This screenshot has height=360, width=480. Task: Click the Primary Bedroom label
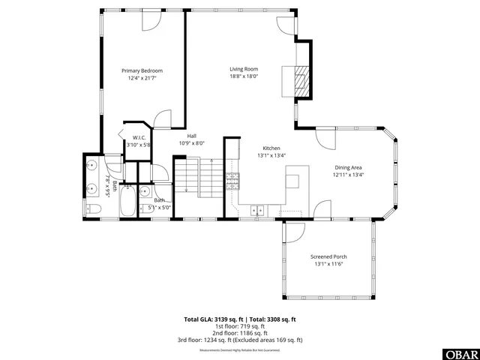tap(142, 70)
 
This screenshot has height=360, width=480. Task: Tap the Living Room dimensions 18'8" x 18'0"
tap(244, 76)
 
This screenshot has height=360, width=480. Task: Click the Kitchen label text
tap(271, 148)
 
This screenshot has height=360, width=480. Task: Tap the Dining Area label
tap(348, 167)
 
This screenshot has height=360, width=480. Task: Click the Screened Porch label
tap(328, 256)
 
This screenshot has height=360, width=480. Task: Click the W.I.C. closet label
tap(139, 138)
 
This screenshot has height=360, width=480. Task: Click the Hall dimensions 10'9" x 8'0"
tap(191, 143)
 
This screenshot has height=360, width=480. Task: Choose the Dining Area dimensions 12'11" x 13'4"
tap(348, 175)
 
